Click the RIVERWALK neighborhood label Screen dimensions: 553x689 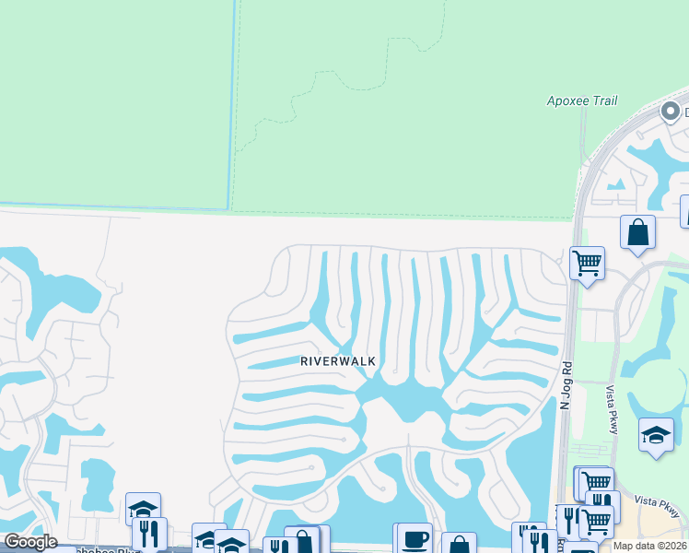[x=338, y=361]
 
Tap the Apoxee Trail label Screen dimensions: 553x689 [x=581, y=100]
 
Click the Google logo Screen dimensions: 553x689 [x=30, y=542]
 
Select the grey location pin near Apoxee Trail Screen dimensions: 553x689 [x=670, y=112]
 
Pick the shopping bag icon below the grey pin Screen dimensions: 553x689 [x=637, y=233]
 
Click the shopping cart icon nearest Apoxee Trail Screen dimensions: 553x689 [x=587, y=264]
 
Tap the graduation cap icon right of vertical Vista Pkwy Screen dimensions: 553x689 [x=656, y=436]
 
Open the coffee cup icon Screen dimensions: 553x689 [x=413, y=539]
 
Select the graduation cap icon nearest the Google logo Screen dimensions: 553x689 [x=143, y=508]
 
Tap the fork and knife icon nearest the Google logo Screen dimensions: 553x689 [x=148, y=533]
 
